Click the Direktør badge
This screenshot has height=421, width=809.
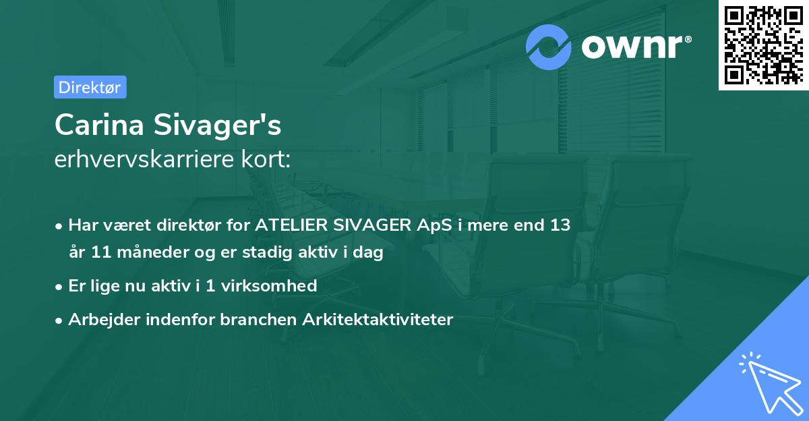click(90, 87)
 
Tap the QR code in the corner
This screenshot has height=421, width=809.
click(762, 45)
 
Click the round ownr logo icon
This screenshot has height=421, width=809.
click(549, 47)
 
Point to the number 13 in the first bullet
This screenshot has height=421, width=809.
click(559, 225)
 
